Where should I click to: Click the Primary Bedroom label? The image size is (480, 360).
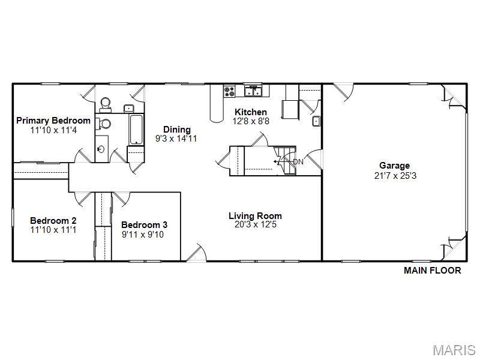click(53, 121)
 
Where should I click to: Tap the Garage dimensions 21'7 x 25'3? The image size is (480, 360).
click(395, 176)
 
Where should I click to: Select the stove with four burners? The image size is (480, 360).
click(229, 91)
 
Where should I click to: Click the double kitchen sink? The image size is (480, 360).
click(253, 91)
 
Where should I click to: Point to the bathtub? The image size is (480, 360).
click(136, 130)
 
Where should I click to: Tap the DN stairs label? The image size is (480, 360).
click(298, 162)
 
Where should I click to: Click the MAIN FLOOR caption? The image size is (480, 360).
click(432, 271)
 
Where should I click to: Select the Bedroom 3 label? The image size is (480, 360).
click(144, 225)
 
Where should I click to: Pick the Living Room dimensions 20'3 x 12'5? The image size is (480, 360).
click(256, 224)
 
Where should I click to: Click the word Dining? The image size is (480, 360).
click(176, 130)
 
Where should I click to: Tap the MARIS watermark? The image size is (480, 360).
click(454, 350)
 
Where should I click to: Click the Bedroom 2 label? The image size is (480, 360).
click(53, 220)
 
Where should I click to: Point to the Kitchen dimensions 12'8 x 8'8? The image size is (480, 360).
click(251, 121)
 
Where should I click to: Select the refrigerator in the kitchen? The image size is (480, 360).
click(289, 109)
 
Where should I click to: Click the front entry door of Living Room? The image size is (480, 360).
click(197, 253)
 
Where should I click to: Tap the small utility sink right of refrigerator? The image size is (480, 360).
click(316, 121)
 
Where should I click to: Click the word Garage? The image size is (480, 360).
click(394, 166)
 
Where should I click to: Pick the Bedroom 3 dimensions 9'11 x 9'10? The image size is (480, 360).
click(143, 235)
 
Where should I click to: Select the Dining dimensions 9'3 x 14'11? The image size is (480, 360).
click(176, 139)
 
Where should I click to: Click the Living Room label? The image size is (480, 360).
click(255, 216)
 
